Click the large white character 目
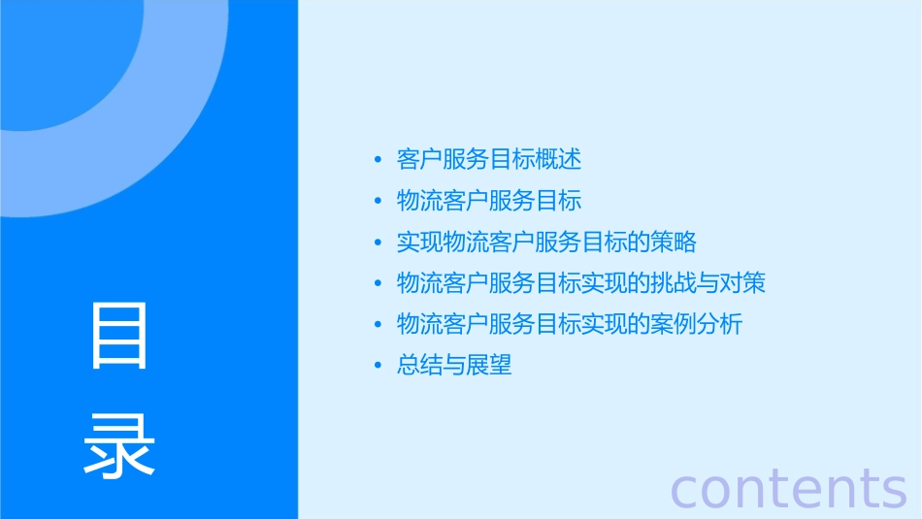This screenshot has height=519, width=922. pos(119,336)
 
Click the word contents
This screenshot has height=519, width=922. pos(789,487)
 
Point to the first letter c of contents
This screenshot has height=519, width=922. pos(686,490)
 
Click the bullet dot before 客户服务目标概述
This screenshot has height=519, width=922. pos(378,159)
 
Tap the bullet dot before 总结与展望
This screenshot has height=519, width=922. pos(378,366)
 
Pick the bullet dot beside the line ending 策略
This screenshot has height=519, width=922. pos(378,242)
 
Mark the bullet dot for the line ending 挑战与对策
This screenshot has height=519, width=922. pos(378,283)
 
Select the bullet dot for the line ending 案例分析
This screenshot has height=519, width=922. pos(378,324)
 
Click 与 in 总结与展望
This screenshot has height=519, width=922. pos(454,366)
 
